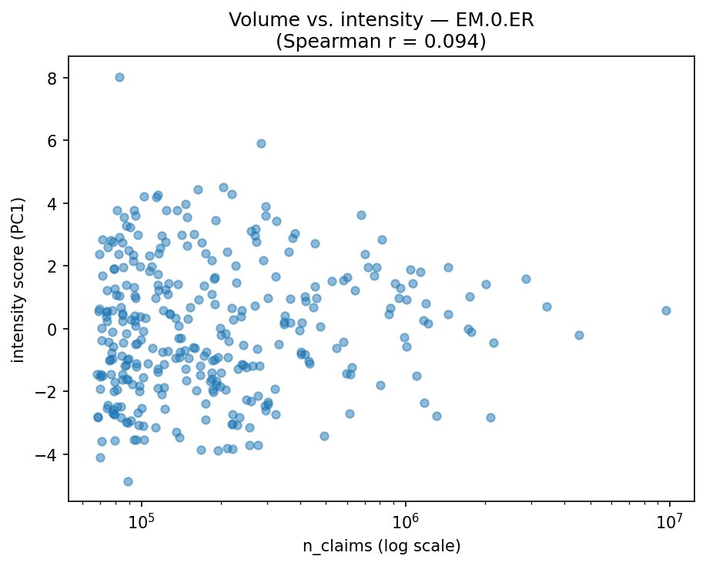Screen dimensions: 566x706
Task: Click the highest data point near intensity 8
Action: click(119, 77)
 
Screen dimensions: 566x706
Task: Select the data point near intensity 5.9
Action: click(261, 143)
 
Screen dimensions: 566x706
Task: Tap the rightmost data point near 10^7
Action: click(666, 310)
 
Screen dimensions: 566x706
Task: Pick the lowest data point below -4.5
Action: click(128, 481)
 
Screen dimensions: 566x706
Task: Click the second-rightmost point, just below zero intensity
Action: click(579, 335)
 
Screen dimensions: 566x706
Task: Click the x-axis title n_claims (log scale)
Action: click(381, 546)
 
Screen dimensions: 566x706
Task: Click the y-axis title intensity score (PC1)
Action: click(18, 279)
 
